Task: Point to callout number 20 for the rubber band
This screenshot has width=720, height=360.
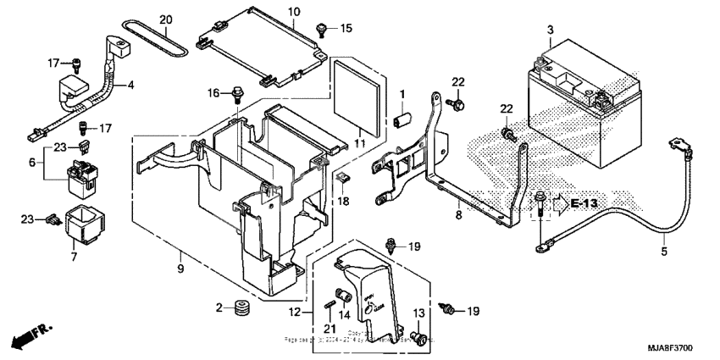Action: click(166, 19)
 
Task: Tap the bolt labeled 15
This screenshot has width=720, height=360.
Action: click(322, 30)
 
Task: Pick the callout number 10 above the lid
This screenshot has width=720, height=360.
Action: click(294, 12)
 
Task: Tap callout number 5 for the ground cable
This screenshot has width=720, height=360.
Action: click(665, 252)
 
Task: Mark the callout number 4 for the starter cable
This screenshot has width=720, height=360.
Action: click(130, 85)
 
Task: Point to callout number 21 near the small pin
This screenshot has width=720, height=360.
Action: click(329, 328)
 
